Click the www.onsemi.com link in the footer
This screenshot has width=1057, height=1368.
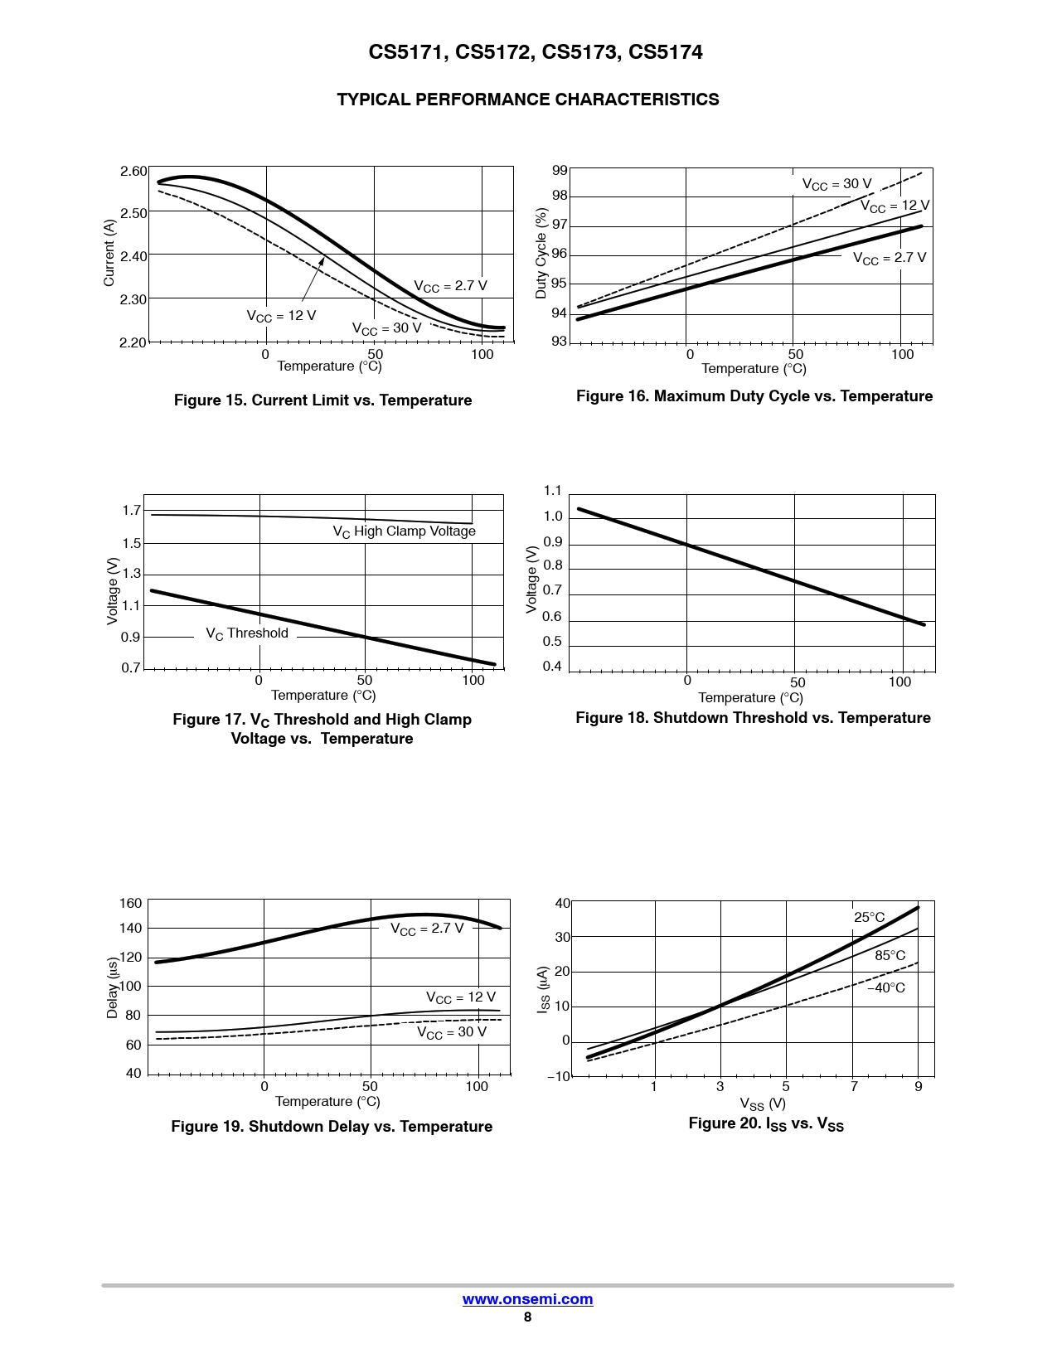tap(527, 1299)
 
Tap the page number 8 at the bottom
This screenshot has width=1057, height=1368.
tap(527, 1317)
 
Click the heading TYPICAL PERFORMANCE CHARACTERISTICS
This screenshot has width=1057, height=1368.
tap(527, 99)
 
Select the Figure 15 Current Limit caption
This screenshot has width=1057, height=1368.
tap(322, 400)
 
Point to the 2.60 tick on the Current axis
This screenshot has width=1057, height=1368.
tap(133, 172)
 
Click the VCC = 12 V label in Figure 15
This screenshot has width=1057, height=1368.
tap(281, 316)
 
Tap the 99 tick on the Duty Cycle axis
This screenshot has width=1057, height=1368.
tap(560, 171)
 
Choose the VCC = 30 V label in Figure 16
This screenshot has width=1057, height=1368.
tap(836, 184)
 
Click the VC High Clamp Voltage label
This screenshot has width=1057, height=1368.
tap(404, 531)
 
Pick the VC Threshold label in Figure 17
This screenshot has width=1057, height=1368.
tap(247, 633)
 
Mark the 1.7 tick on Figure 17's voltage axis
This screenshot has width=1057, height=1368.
tap(132, 511)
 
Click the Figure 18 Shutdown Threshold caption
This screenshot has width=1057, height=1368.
tap(753, 718)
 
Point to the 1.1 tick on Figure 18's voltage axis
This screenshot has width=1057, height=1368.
tap(552, 491)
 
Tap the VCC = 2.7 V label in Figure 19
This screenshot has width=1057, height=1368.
tap(427, 929)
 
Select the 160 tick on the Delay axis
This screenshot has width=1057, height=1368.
tap(131, 903)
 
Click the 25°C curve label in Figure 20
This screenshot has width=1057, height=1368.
tap(869, 917)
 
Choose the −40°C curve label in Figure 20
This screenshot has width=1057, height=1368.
tap(886, 987)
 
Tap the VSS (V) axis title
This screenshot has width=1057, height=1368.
tap(763, 1104)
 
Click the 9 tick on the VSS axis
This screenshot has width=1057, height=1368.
tap(919, 1087)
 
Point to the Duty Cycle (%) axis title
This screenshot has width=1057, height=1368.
tap(541, 254)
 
